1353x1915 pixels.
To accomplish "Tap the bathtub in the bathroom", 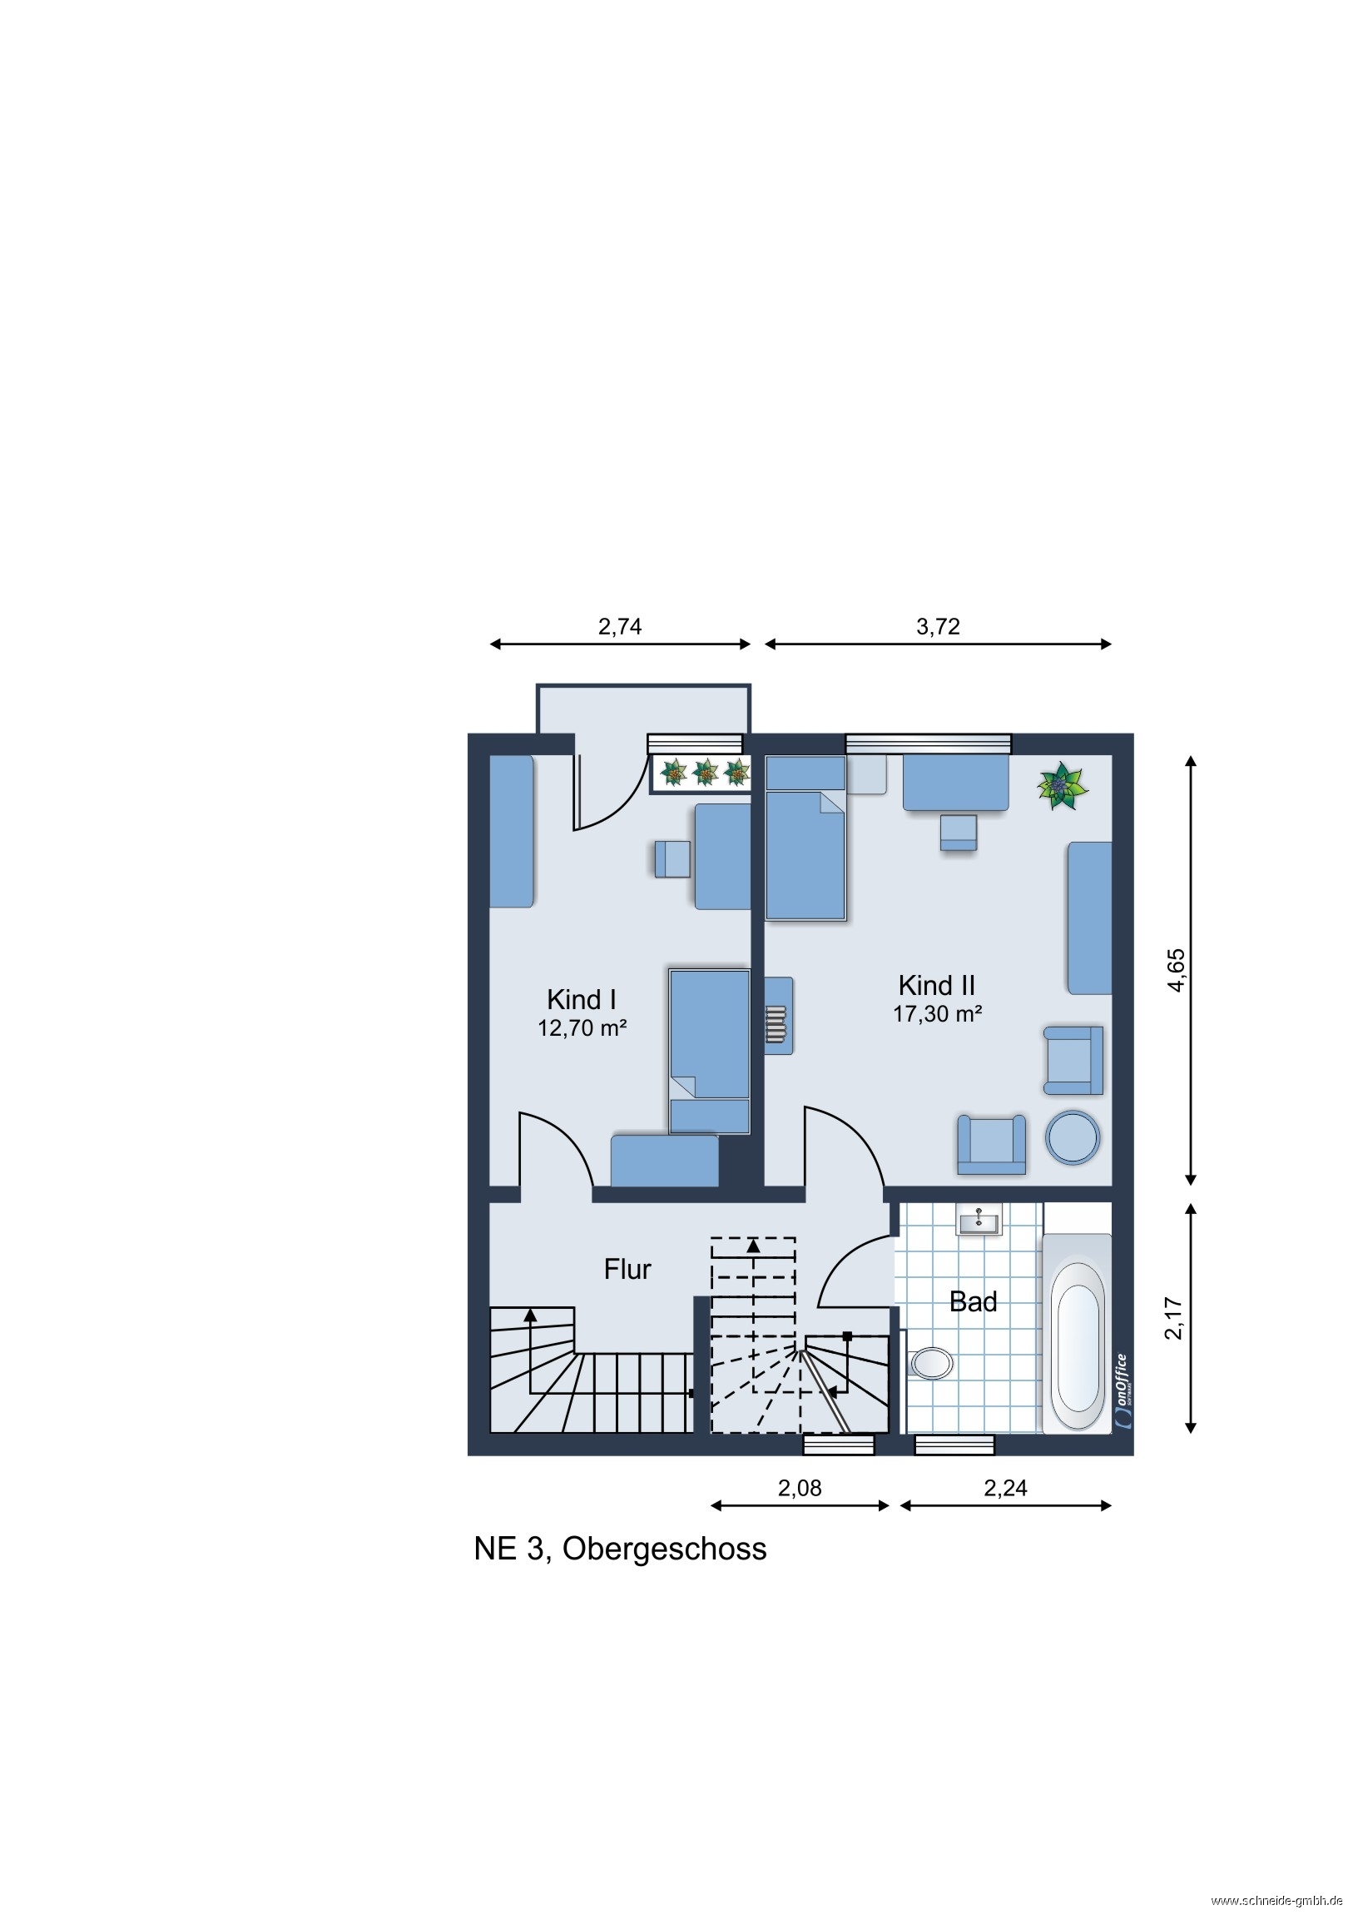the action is tap(1077, 1334).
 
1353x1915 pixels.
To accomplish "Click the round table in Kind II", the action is tap(1073, 1137).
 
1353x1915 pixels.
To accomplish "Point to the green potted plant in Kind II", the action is tap(1062, 786).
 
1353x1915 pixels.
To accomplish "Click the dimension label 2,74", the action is tap(619, 626).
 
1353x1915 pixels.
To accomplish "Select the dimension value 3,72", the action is tap(938, 626).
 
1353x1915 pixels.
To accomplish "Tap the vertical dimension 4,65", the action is tap(1176, 970).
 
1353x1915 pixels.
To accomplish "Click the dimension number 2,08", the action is tap(800, 1488).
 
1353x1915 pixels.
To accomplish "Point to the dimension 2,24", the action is tap(1005, 1488).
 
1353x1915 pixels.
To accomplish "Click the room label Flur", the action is tap(627, 1270).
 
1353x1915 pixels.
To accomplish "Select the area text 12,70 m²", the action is tap(582, 1028).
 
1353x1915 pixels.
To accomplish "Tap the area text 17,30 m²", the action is tap(937, 1014).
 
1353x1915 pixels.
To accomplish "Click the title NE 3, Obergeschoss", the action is tap(620, 1549).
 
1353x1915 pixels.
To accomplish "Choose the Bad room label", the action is tap(973, 1302).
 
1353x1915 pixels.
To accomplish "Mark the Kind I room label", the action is tap(581, 999).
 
